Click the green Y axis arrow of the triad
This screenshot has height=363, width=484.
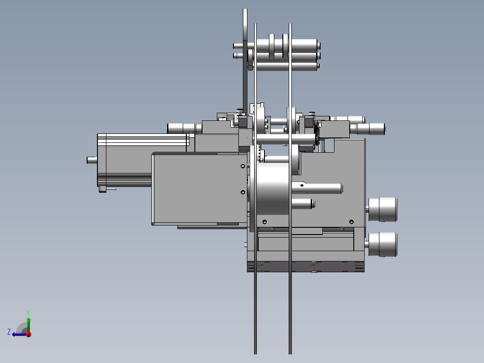click(28, 323)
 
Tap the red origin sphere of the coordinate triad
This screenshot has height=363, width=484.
click(28, 334)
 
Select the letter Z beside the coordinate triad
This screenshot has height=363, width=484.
click(9, 332)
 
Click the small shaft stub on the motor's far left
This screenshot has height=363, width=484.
click(92, 159)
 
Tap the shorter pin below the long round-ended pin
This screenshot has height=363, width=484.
click(304, 204)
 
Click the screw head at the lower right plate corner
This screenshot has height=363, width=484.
click(352, 221)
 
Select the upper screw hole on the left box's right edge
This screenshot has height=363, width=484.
click(243, 166)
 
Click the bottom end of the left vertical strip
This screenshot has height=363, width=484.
click(255, 351)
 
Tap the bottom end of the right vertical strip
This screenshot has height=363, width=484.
click(290, 351)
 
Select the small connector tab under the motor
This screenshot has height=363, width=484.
click(103, 190)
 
